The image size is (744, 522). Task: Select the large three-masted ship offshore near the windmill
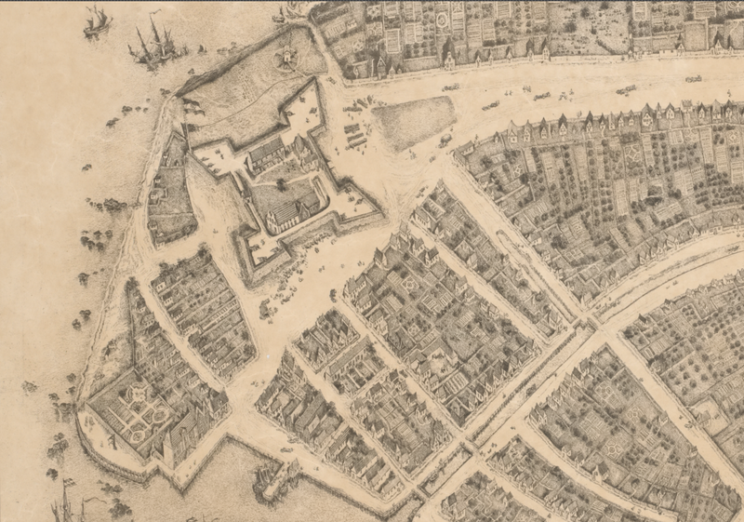tap(154, 47)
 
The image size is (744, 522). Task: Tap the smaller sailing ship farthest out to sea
tap(96, 22)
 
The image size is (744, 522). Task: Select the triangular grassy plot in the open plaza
tap(414, 122)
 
